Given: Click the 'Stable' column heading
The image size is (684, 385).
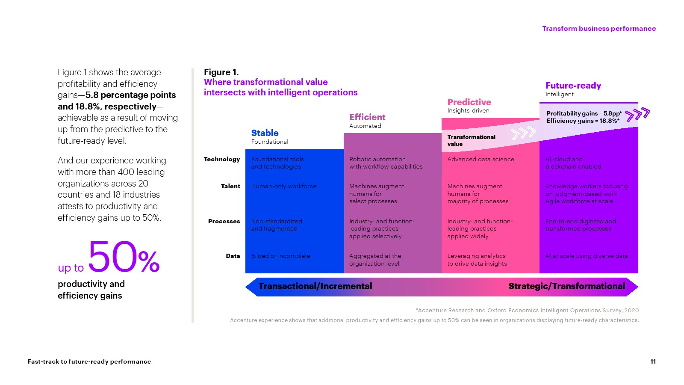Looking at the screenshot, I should tap(265, 133).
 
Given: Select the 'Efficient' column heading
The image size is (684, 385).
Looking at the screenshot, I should tap(367, 117).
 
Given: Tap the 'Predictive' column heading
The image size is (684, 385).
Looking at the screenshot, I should tap(469, 102).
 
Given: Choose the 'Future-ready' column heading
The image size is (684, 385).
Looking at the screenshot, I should tap(573, 86).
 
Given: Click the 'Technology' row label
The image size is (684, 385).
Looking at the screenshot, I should tap(222, 159).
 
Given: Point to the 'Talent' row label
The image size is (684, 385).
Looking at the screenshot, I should tap(230, 186).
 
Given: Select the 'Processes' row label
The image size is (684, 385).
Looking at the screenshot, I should tap(224, 221).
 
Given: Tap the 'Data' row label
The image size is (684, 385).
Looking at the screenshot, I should tap(233, 256).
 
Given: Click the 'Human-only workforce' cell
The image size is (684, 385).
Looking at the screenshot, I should tap(284, 186).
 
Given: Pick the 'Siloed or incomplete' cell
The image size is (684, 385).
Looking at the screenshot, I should tap(281, 256).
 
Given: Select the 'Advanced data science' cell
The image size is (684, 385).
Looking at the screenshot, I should tap(481, 159).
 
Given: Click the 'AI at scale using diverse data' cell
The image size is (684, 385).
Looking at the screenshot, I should tap(587, 256).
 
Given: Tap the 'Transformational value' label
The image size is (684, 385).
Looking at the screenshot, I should tap(471, 140).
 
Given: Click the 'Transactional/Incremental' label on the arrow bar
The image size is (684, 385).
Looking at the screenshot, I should tap(315, 286).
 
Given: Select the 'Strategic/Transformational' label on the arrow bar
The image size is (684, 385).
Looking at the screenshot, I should tap(566, 286).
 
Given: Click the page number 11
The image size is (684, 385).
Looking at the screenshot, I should tap(653, 361).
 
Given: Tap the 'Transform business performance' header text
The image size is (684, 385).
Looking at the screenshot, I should tap(598, 29).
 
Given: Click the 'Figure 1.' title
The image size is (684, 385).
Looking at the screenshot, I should tap(221, 72).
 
